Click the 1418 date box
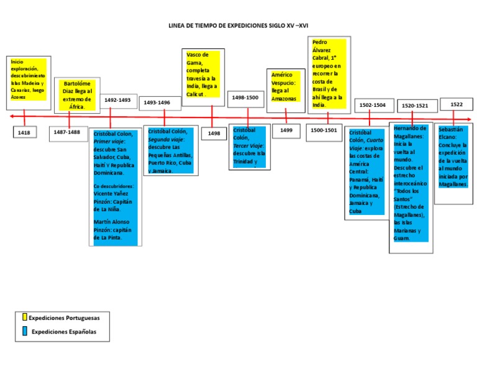24,132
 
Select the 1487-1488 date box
67,132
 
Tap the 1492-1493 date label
117,100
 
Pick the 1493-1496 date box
157,102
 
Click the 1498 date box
214,133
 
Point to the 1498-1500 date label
245,98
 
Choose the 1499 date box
286,130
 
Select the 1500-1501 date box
324,130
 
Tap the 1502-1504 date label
373,106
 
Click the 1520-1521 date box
415,106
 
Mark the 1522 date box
457,105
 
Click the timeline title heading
238,26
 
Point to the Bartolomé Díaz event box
78,95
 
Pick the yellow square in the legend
25,317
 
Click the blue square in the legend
25,331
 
